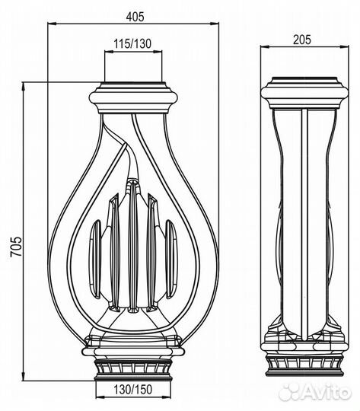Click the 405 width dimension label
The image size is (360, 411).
click(135, 17)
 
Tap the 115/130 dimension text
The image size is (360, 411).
click(132, 44)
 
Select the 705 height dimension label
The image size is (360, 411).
click(15, 247)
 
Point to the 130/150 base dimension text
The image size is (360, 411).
click(132, 389)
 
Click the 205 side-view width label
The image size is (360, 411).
click(302, 40)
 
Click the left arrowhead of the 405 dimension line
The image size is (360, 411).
click(52, 24)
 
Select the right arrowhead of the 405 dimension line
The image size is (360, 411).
click(215, 24)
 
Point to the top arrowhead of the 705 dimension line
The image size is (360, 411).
click(24, 87)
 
